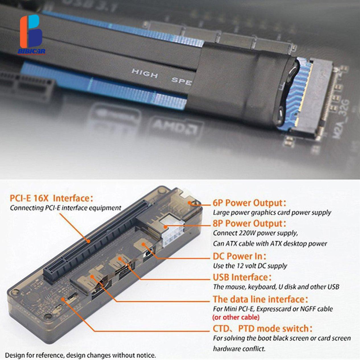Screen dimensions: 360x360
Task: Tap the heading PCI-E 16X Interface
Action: click(x=51, y=198)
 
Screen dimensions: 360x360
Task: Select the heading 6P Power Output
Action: click(x=249, y=203)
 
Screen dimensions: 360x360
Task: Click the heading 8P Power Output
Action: click(x=249, y=223)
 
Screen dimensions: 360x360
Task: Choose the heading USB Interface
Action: click(x=242, y=277)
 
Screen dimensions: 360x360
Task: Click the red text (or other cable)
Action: click(x=236, y=317)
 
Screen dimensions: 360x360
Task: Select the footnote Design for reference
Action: click(x=81, y=355)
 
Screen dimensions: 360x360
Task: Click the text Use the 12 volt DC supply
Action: click(x=250, y=266)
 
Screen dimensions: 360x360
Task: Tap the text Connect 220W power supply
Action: click(x=255, y=233)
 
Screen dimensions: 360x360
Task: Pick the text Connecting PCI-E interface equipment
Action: click(x=65, y=208)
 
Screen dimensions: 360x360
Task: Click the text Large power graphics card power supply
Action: click(x=272, y=213)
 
